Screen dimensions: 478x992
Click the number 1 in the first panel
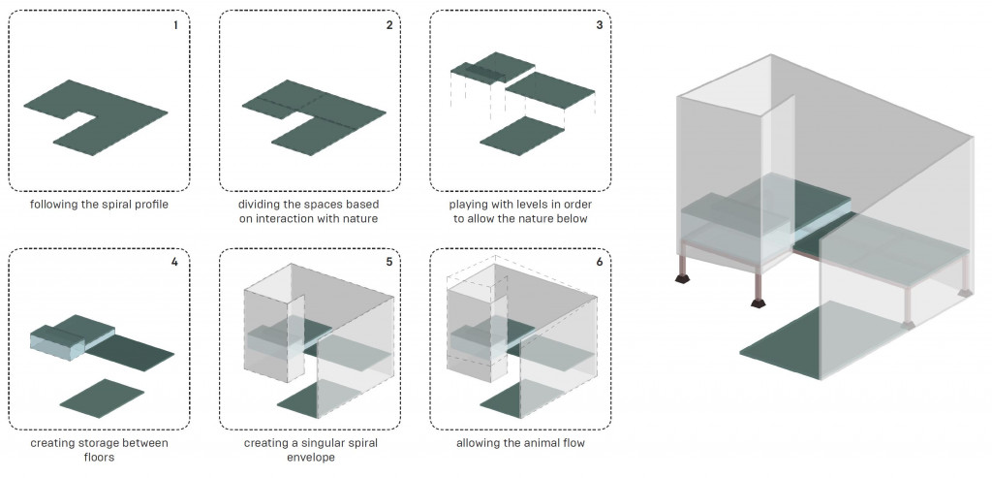point(175,25)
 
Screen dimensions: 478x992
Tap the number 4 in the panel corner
point(175,262)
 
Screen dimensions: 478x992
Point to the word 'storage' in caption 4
point(100,443)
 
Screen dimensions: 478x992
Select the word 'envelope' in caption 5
point(309,457)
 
